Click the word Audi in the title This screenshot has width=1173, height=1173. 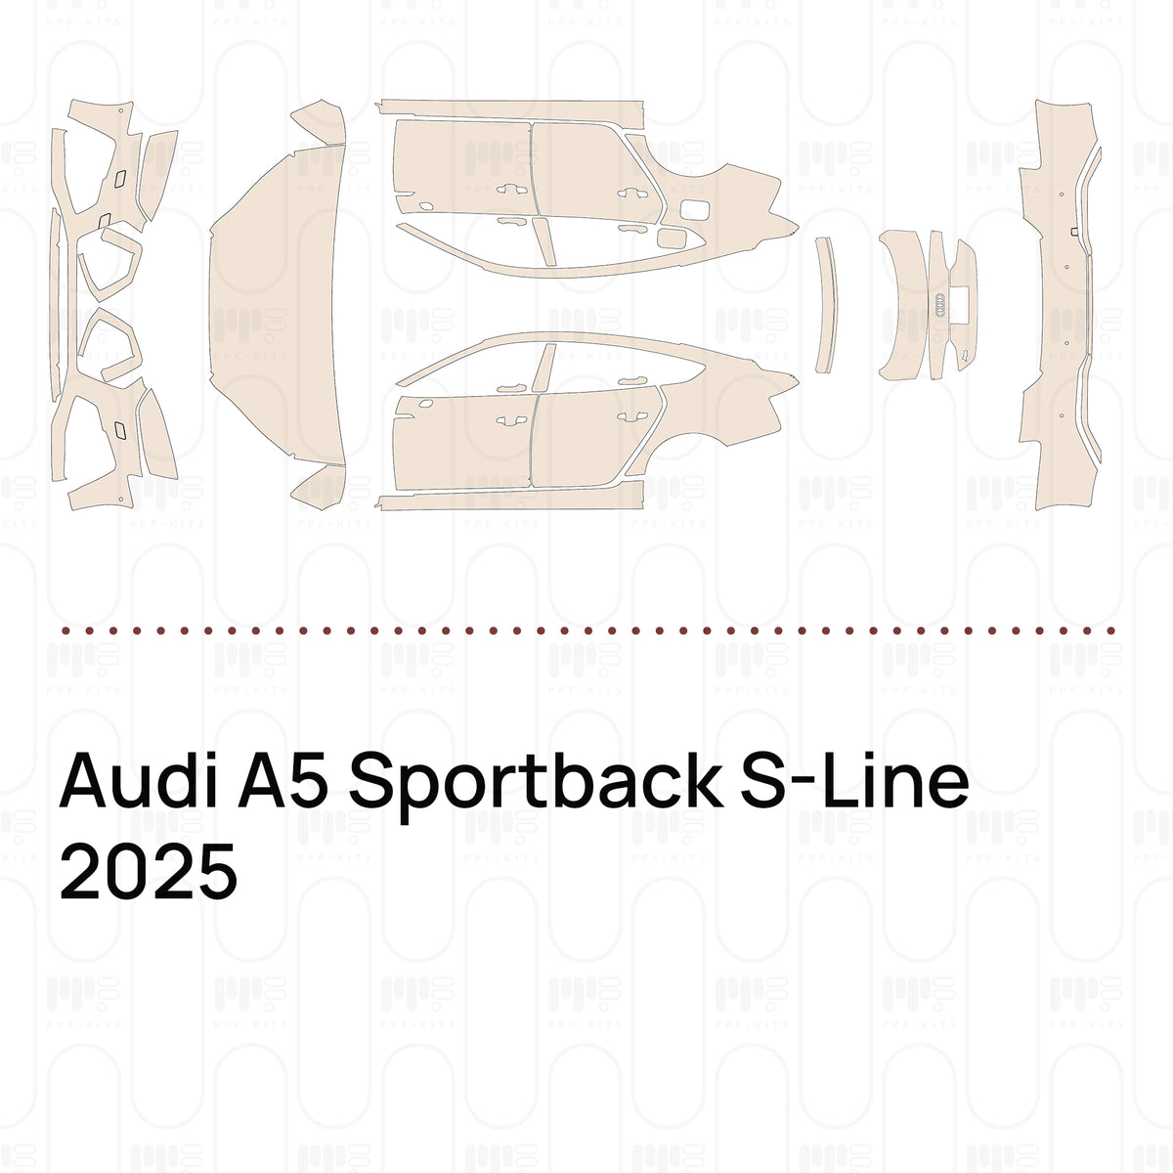[x=138, y=780]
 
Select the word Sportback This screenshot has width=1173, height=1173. [x=536, y=785]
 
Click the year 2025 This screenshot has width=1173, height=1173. [x=149, y=871]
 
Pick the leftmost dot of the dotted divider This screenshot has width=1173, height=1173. [x=65, y=630]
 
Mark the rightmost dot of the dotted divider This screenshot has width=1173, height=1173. [x=1110, y=630]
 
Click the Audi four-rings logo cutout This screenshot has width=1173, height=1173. [x=940, y=305]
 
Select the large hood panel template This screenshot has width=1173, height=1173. [x=277, y=304]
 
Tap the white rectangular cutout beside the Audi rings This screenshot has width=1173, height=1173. [x=960, y=303]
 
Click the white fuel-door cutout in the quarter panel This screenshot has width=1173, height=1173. [x=695, y=209]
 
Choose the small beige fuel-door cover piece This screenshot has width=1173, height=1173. [x=673, y=238]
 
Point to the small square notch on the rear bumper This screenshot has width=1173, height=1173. [x=1074, y=232]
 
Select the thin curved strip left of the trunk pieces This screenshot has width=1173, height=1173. [x=827, y=305]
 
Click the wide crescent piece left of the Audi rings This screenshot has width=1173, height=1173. [x=905, y=304]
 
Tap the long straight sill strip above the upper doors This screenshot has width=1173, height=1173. [x=510, y=113]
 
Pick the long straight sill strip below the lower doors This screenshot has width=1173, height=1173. [x=510, y=495]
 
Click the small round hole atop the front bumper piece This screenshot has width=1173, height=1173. [x=121, y=111]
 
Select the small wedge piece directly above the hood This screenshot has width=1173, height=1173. [x=320, y=122]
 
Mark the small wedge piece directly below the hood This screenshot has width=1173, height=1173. [x=320, y=488]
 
